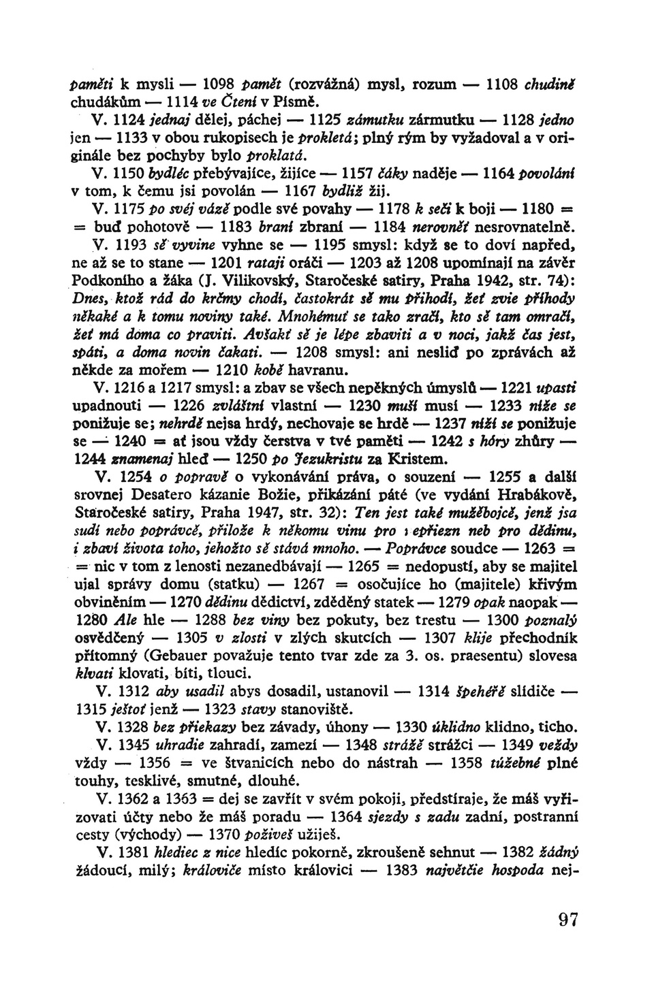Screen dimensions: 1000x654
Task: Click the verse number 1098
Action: pyautogui.click(x=216, y=84)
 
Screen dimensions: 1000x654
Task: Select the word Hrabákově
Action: pyautogui.click(x=537, y=492)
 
